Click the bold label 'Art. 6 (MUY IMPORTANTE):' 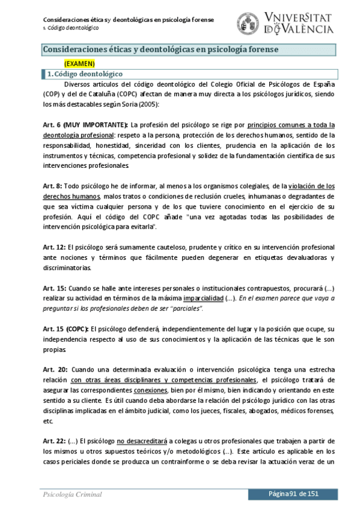click(x=85, y=125)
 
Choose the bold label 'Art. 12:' click(x=55, y=247)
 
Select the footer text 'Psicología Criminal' click(x=72, y=494)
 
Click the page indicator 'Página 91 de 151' click(x=293, y=494)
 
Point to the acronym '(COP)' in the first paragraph click(x=52, y=94)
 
